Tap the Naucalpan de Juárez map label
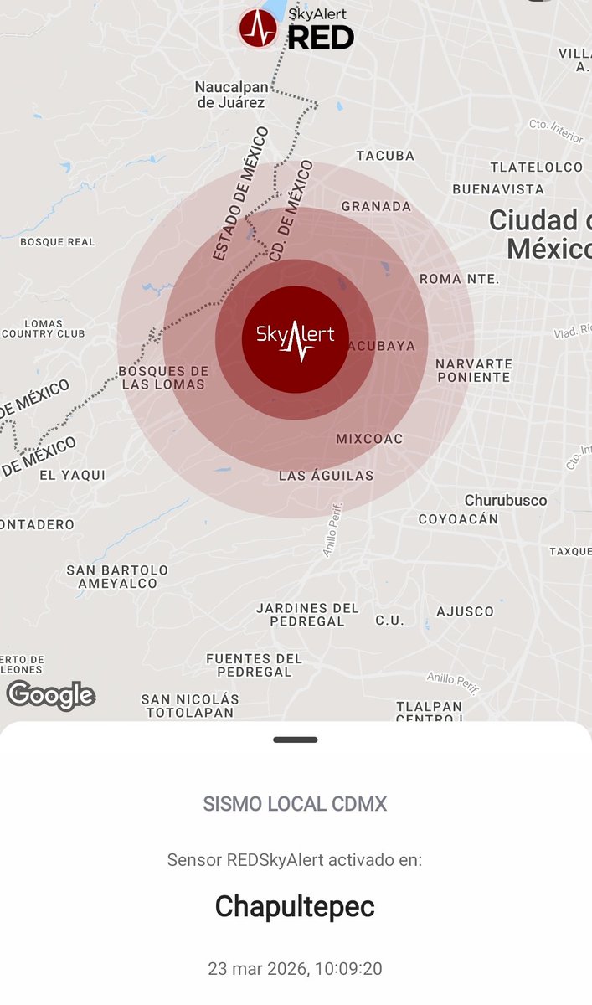(230, 94)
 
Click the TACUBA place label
(385, 156)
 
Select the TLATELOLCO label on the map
(536, 167)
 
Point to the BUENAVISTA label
(498, 189)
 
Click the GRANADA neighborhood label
(376, 206)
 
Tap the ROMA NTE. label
(459, 278)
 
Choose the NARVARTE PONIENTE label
(473, 370)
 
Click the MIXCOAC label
(369, 439)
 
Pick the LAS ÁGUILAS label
(326, 476)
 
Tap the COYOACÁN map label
(458, 518)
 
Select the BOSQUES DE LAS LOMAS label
(163, 378)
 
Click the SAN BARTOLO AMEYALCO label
(117, 576)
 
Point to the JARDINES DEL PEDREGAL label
(307, 614)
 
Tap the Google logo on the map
(50, 695)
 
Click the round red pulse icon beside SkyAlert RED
(258, 28)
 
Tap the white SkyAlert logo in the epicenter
(295, 338)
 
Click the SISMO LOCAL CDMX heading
(295, 804)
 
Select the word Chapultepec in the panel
(295, 906)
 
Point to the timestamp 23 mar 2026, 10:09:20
(295, 969)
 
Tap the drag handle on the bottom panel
(295, 740)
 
